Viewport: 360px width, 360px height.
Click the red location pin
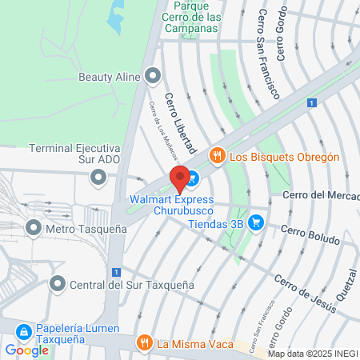179,178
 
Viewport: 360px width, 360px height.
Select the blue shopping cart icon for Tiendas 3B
255,222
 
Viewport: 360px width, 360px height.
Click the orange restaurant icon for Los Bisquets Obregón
215,157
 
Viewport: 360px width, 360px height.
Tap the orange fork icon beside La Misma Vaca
144,344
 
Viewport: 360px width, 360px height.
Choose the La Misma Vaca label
195,345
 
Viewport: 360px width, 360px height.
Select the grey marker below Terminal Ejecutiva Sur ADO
98,176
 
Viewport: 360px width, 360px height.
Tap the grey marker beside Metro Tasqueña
34,228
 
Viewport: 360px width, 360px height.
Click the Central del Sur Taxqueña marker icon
58,283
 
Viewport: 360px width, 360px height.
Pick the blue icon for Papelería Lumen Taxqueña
24,330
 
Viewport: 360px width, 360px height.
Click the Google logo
26,350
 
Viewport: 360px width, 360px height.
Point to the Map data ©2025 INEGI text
313,354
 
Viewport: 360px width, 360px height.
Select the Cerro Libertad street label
180,122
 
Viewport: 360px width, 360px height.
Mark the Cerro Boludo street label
310,238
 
